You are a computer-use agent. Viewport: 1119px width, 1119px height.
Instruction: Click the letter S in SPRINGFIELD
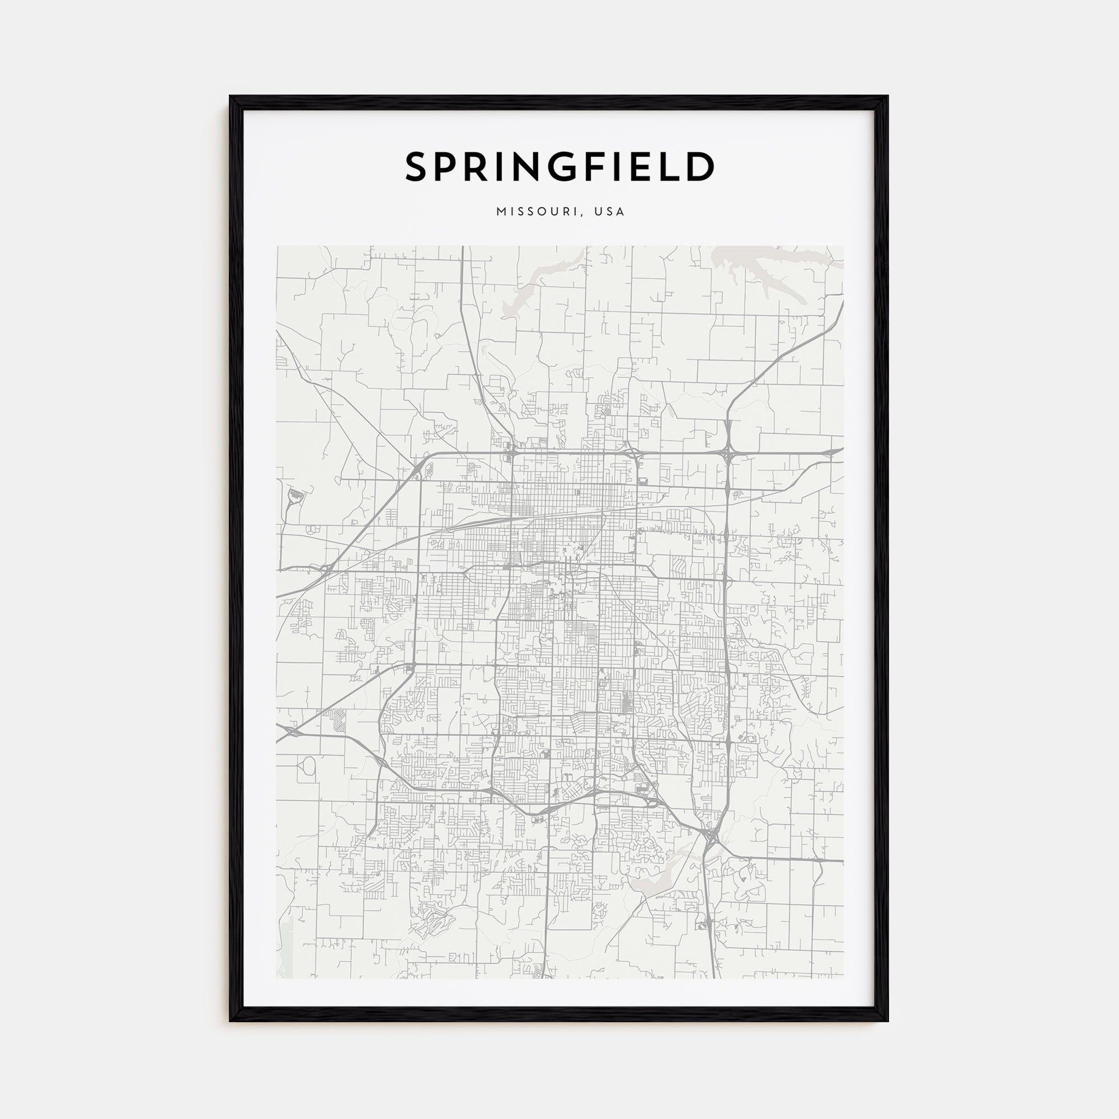pos(417,167)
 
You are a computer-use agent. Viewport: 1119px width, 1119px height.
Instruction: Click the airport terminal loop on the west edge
pos(295,496)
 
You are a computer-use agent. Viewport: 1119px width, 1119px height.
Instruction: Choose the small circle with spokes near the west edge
pos(311,529)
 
